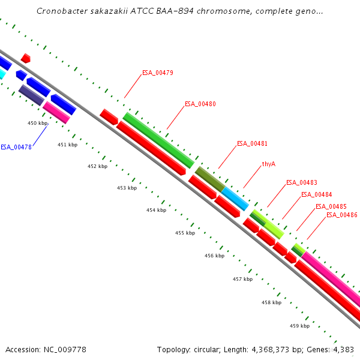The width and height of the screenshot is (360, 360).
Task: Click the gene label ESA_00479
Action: tap(158, 73)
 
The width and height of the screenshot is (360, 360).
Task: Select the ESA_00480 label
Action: tap(200, 104)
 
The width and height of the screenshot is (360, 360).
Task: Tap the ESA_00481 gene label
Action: tap(252, 143)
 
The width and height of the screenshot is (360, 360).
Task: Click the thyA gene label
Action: tap(268, 164)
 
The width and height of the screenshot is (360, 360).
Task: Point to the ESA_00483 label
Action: tap(301, 182)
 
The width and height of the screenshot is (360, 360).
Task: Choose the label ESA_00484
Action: tap(316, 194)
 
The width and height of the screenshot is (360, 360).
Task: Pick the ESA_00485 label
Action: tap(331, 206)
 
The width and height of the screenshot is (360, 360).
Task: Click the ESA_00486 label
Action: tap(341, 215)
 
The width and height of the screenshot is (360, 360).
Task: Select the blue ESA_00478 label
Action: tap(16, 147)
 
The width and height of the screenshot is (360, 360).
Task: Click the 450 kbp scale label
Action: tap(38, 123)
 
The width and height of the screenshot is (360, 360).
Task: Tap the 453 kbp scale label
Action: tap(127, 188)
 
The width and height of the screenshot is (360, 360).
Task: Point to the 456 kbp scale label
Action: tap(214, 256)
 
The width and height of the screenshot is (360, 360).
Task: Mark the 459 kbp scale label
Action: tap(299, 326)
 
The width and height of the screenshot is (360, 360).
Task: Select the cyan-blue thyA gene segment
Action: tap(235, 198)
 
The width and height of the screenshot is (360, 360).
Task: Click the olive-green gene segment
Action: tap(209, 178)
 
